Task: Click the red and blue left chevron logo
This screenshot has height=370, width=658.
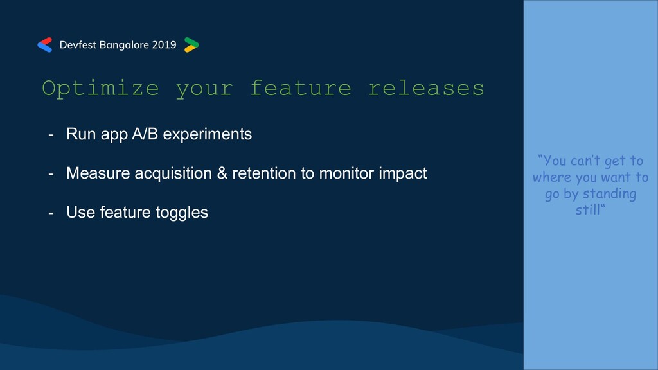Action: (45, 45)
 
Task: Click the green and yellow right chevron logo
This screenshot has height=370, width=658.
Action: (191, 45)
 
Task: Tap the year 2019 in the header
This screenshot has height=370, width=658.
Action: (164, 45)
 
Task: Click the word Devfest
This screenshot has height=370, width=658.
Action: (78, 45)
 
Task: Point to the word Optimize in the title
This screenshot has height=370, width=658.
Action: (101, 89)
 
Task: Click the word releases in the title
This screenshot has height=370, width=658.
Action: (427, 88)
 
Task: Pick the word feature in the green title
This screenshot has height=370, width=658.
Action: (301, 88)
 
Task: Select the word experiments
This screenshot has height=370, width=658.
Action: (208, 135)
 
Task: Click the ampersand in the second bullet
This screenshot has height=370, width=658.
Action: (222, 173)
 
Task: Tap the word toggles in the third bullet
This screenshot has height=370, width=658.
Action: (182, 213)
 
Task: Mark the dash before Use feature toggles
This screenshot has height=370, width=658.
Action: (51, 213)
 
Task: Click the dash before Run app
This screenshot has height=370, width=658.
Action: (51, 135)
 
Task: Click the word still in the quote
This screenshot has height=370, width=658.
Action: (587, 210)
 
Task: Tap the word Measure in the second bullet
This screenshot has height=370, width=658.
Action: (98, 173)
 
